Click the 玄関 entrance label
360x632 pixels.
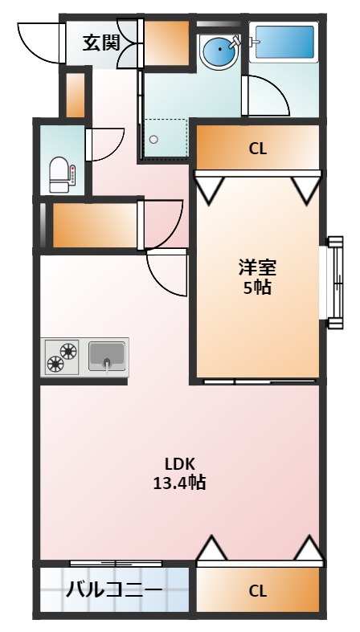(x=100, y=41)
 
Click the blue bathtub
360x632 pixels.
(x=284, y=42)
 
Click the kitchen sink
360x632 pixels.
(x=107, y=354)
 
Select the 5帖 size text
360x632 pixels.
(x=257, y=287)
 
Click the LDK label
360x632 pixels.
(x=179, y=463)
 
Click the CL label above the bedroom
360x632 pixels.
(x=257, y=148)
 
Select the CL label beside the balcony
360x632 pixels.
(x=257, y=592)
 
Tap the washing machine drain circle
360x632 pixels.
(x=153, y=138)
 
